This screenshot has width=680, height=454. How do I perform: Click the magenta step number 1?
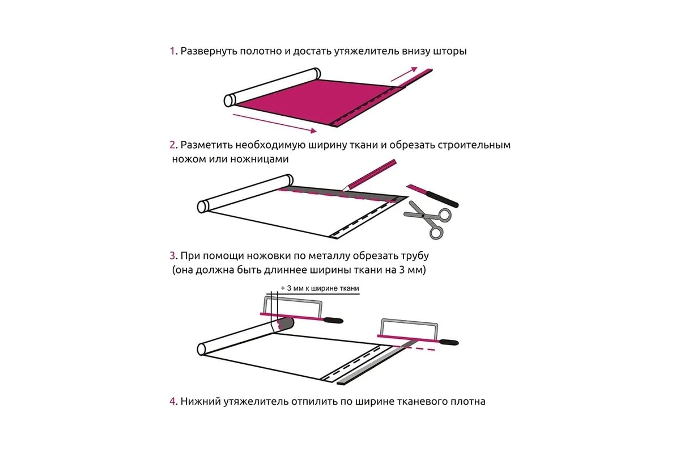pyautogui.click(x=172, y=51)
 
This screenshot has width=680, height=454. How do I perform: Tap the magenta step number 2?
pyautogui.click(x=172, y=145)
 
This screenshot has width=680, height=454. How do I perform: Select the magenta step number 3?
pyautogui.click(x=172, y=255)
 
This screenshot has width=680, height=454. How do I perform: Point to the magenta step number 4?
pyautogui.click(x=172, y=401)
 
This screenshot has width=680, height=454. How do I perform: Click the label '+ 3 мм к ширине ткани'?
pyautogui.click(x=320, y=288)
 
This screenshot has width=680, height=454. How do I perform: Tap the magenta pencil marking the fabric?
pyautogui.click(x=369, y=175)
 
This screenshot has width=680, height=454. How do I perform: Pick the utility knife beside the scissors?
pyautogui.click(x=432, y=196)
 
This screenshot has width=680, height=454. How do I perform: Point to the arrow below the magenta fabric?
pyautogui.click(x=275, y=123)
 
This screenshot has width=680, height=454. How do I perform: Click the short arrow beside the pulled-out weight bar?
pyautogui.click(x=405, y=74)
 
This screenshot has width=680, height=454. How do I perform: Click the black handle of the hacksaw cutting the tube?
pyautogui.click(x=333, y=320)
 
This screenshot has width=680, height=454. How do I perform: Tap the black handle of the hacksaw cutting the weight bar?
pyautogui.click(x=449, y=342)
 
